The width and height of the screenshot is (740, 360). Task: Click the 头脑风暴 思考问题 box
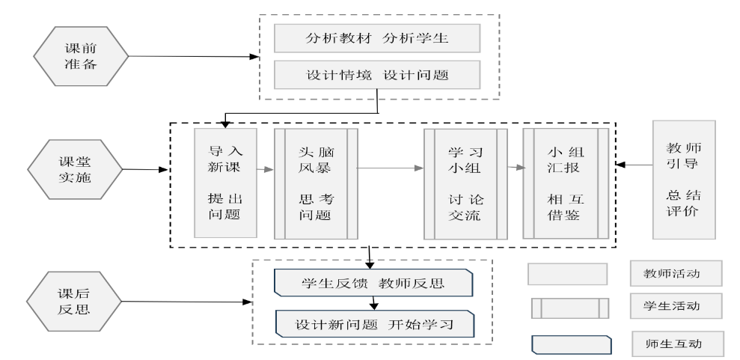(x=315, y=183)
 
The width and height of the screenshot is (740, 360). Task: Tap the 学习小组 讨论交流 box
(x=465, y=183)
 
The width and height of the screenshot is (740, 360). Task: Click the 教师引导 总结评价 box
(x=684, y=180)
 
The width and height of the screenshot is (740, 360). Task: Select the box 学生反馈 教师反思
(x=374, y=284)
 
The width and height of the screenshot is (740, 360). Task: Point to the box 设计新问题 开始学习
(x=374, y=324)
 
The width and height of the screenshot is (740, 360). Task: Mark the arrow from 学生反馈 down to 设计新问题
(x=374, y=304)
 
